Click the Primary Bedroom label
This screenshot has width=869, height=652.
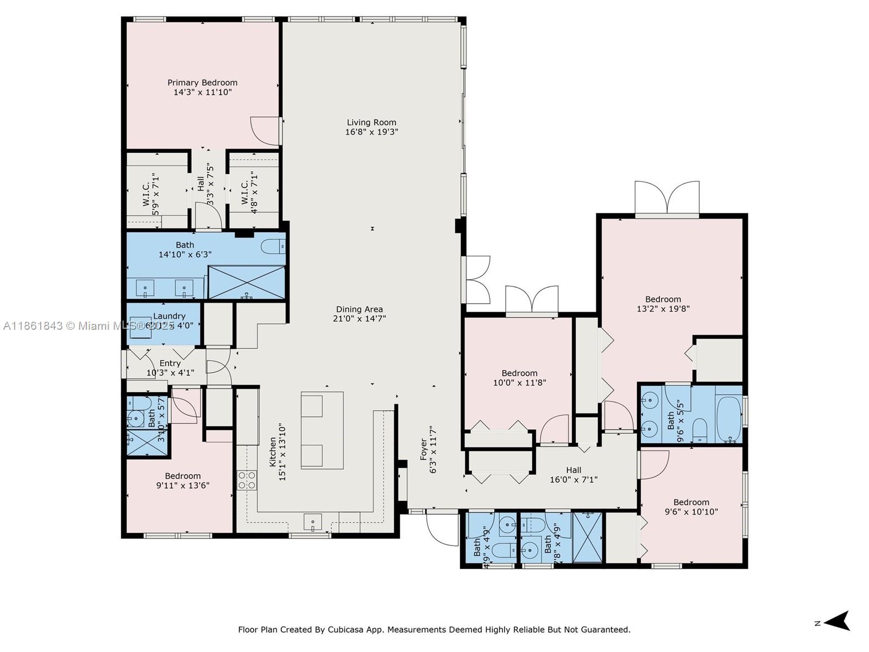pyautogui.click(x=202, y=83)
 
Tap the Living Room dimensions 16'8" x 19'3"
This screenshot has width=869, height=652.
pyautogui.click(x=371, y=132)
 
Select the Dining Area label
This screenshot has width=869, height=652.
pyautogui.click(x=359, y=309)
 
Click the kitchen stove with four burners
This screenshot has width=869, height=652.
pyautogui.click(x=247, y=480)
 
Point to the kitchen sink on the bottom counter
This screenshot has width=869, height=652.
pyautogui.click(x=312, y=522)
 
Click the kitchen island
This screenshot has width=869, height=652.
pyautogui.click(x=322, y=430)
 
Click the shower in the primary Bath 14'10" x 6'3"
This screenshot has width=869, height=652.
pyautogui.click(x=247, y=282)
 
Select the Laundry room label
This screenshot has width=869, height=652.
pyautogui.click(x=169, y=316)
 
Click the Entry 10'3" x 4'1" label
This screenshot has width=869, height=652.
pyautogui.click(x=170, y=363)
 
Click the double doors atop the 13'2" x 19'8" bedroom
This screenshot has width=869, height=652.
pyautogui.click(x=667, y=199)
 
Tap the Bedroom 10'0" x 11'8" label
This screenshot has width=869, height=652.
pyautogui.click(x=519, y=373)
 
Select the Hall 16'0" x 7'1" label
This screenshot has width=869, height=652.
pyautogui.click(x=574, y=470)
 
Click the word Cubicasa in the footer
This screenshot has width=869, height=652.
pyautogui.click(x=345, y=630)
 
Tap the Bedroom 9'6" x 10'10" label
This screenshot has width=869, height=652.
pyautogui.click(x=691, y=502)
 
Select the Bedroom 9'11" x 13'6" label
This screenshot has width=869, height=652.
pyautogui.click(x=182, y=476)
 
